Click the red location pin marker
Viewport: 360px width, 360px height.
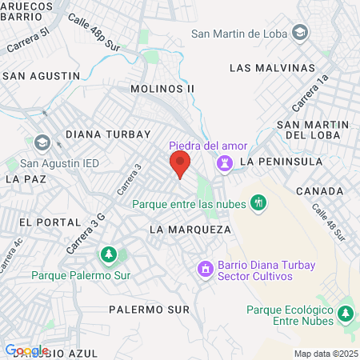tap(179, 166)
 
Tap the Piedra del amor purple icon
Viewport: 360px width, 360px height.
tap(226, 163)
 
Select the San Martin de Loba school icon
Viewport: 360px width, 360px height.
tap(299, 34)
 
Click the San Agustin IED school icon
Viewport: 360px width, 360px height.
tap(42, 143)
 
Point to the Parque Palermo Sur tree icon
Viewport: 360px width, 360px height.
tap(106, 255)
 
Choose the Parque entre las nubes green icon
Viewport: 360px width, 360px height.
tap(257, 204)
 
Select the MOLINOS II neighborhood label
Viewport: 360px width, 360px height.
tap(162, 89)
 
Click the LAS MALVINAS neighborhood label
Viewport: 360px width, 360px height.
tap(273, 68)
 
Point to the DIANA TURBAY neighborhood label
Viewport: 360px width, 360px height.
tap(109, 134)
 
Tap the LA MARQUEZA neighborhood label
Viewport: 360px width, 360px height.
tap(190, 230)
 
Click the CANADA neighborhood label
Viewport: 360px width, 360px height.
tap(319, 191)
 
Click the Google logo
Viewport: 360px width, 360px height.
tap(26, 350)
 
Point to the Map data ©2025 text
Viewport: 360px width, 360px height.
tap(325, 354)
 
